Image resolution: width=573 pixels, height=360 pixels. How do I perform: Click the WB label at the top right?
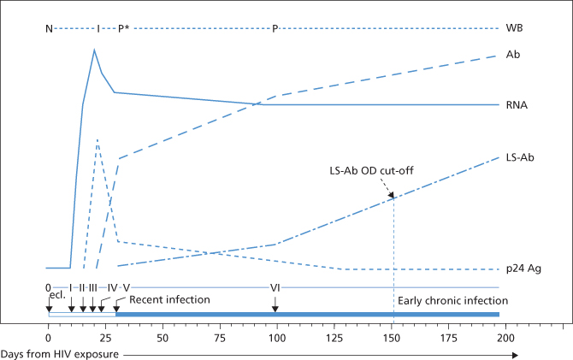tap(514, 27)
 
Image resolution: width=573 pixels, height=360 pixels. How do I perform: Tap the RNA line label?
tap(517, 105)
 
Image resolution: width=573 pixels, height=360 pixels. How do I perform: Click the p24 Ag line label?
tap(523, 269)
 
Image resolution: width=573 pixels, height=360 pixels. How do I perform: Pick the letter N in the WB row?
tap(49, 28)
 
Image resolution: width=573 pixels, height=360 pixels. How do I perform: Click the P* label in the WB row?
tap(123, 28)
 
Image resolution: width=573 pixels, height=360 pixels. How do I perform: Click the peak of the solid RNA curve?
tap(94, 50)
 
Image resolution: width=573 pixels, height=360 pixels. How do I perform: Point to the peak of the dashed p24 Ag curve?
tap(99, 139)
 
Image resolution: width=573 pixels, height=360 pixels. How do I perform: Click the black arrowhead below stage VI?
tap(276, 309)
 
